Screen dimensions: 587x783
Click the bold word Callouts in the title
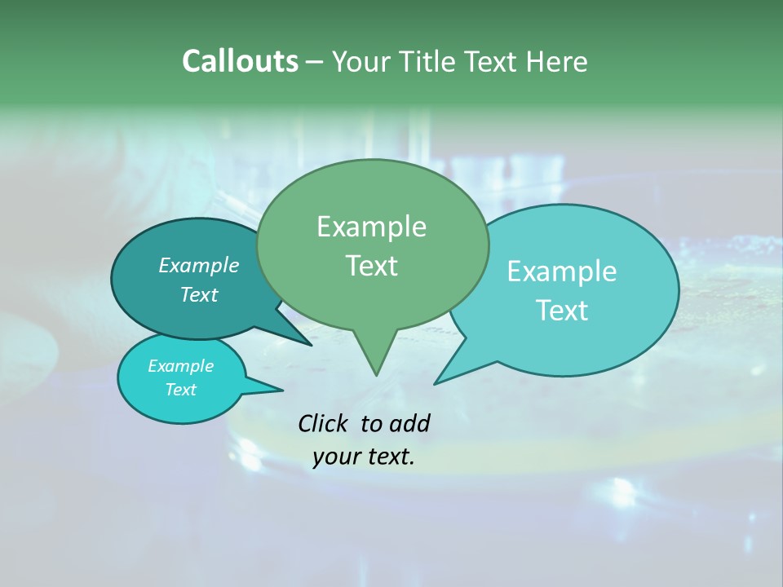tap(240, 61)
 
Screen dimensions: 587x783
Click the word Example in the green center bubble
tap(371, 227)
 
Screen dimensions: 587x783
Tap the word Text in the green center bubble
tap(371, 266)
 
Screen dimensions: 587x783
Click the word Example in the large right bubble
tap(562, 271)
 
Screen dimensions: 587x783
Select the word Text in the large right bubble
tap(562, 311)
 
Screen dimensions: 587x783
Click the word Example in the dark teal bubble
tap(199, 265)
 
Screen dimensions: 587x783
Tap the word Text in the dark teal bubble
tap(199, 294)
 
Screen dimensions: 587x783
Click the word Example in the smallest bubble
tap(180, 366)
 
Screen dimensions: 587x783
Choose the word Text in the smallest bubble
tap(180, 390)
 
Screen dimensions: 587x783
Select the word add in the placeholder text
tap(409, 423)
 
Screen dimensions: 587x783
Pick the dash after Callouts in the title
tap(315, 62)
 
